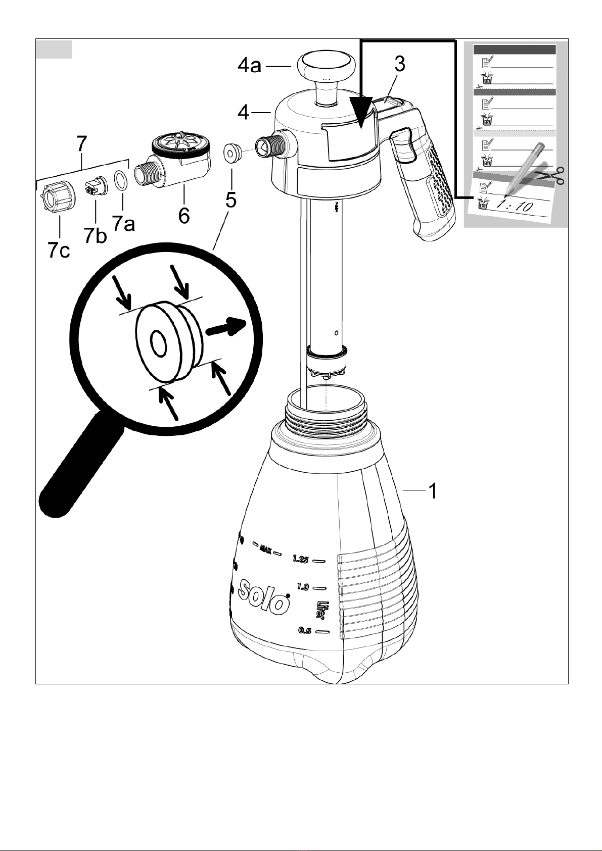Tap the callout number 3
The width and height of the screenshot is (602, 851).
(400, 64)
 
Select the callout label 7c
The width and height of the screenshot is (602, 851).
(59, 251)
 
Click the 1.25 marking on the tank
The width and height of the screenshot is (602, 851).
(300, 559)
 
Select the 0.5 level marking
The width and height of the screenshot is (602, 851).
(305, 631)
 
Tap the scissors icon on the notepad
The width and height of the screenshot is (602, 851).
(550, 176)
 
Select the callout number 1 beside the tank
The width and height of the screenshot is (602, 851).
(433, 491)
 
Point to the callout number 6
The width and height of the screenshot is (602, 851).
(184, 216)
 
